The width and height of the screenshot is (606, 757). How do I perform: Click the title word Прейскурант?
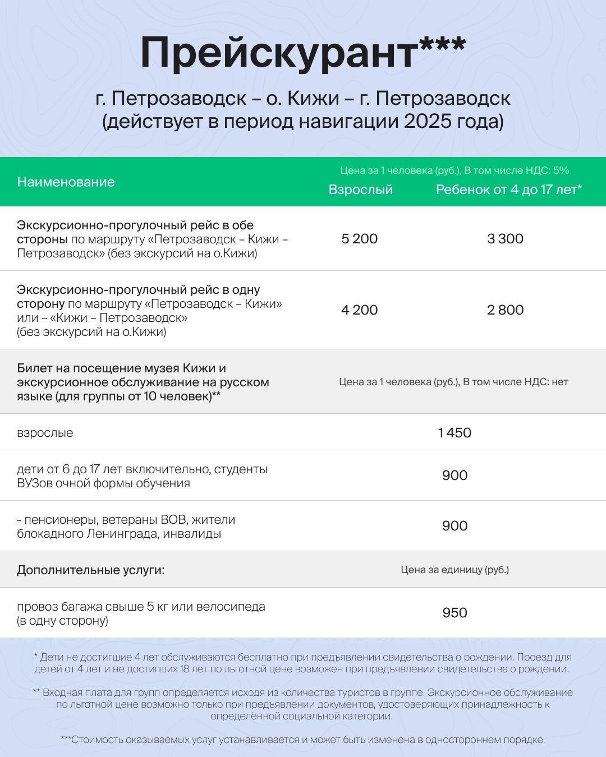pos(279,53)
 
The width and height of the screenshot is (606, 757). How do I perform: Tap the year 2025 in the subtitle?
pos(427,121)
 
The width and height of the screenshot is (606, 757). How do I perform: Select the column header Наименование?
pos(66,182)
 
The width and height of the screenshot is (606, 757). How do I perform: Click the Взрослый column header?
pos(360,190)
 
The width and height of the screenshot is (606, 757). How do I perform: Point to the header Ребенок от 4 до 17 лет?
pos(508,190)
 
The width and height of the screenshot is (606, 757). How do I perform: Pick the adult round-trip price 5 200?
pos(359,239)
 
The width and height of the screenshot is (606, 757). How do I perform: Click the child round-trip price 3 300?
pos(505,239)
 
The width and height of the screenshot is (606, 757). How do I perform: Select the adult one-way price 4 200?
pos(359,310)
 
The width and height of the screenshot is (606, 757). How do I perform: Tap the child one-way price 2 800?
pos(505,310)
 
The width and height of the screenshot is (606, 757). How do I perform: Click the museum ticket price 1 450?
pos(454,433)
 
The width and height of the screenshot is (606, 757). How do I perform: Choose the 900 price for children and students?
pos(454,476)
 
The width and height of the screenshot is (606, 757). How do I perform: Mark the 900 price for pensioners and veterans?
pos(454,526)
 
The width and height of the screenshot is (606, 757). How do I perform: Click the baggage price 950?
pos(454,613)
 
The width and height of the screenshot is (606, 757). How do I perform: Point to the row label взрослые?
pos(45,433)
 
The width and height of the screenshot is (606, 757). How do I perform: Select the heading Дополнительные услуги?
pos(91,570)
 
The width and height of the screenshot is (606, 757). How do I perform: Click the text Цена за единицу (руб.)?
pos(454,570)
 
